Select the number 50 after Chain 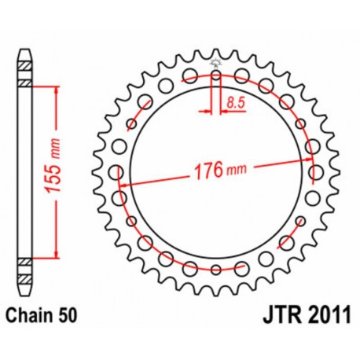pyautogui.click(x=65, y=317)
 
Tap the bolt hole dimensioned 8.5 pyautogui.click(x=216, y=77)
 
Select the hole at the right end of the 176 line pyautogui.click(x=318, y=173)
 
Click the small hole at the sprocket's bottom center pyautogui.click(x=216, y=270)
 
